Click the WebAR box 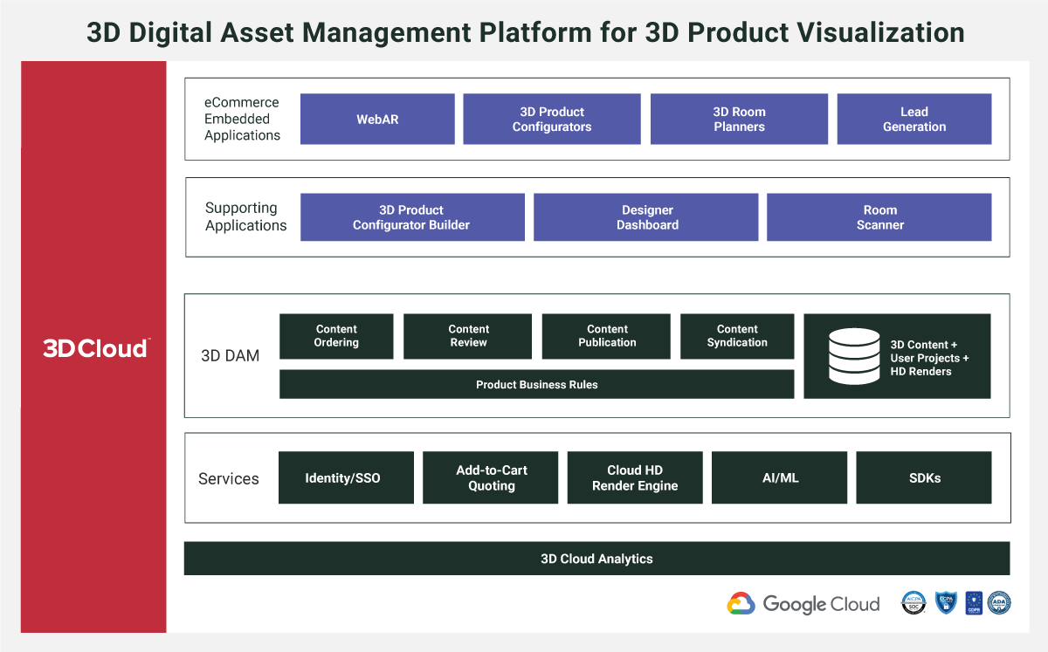coord(377,119)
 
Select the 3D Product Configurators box coord(552,119)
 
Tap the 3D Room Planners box coord(739,119)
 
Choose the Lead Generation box coord(914,119)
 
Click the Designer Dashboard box coord(646,217)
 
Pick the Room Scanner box coord(879,217)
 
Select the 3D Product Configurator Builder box coord(412,217)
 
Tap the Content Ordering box coord(336,336)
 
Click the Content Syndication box coord(737,336)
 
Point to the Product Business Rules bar coord(536,384)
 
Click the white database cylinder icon coord(854,356)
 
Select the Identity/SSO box coord(343,477)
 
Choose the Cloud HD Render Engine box coord(635,477)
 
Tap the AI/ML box coord(779,477)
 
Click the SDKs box coord(924,477)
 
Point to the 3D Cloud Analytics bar coord(596,559)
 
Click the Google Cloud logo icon coord(741,604)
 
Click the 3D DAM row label coord(230,356)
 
